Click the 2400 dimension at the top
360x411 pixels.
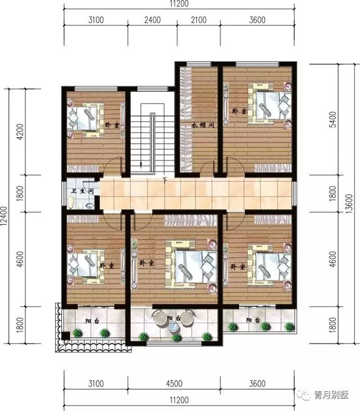coord(152,20)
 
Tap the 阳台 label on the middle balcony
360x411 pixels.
coord(174,319)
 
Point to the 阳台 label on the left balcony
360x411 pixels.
coord(90,321)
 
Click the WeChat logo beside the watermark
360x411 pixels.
coord(305,395)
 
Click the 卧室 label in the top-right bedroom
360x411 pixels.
coord(239,111)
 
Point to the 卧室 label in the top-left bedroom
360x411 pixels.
coord(111,124)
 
